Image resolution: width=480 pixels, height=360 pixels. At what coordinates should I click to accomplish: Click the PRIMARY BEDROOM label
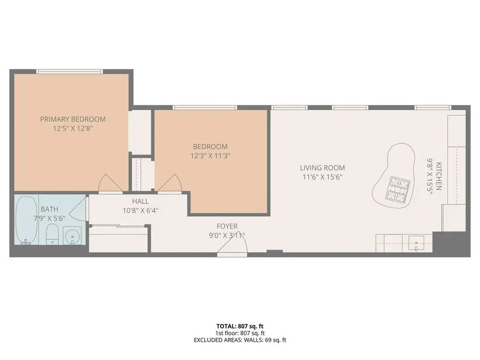pos(73,119)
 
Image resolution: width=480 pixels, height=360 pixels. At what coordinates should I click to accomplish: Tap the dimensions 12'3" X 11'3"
pos(210,156)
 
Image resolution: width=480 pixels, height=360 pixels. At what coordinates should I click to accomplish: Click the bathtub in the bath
pos(26,220)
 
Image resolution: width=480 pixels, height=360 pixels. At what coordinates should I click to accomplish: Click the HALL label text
pos(140,202)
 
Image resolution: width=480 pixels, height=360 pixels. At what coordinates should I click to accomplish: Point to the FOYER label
pos(227,226)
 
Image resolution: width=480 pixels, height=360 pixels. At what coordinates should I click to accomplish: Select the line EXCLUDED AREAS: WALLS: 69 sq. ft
pos(239,340)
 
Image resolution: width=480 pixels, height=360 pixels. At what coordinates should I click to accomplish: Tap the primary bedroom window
pos(69,70)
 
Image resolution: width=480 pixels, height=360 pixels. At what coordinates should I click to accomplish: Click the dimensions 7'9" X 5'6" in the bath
pos(49,218)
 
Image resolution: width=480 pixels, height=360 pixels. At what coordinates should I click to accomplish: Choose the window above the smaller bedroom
pos(205,107)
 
